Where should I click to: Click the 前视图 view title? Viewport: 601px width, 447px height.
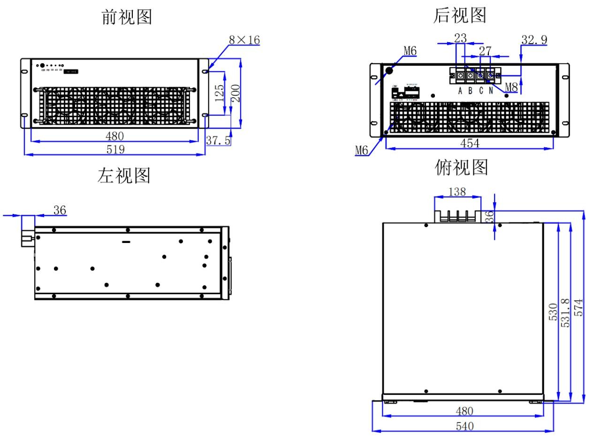coord(127,17)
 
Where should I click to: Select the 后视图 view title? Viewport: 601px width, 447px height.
coord(459,15)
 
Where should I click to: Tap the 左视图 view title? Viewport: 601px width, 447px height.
coord(124,175)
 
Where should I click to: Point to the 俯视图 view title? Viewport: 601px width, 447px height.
coord(462,167)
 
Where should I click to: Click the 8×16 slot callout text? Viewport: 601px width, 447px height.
coord(244,40)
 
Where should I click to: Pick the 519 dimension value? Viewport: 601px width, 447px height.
coord(115,149)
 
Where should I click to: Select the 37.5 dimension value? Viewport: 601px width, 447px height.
coord(218,140)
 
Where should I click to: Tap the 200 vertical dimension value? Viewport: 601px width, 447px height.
coord(236,93)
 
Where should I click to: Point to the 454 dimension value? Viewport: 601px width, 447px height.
coord(470,144)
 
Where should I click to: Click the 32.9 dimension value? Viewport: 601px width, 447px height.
coord(534,40)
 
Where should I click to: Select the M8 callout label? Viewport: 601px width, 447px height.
coord(511,87)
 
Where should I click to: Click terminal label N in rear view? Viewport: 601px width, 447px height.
coord(491,91)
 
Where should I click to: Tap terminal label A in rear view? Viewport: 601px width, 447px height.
coord(460,91)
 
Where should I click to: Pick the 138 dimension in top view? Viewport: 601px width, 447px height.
coord(457,191)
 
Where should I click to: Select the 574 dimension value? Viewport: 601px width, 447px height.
coord(579,307)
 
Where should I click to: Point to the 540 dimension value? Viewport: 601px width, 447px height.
coord(464,426)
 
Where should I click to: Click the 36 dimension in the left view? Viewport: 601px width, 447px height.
coord(60,210)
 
